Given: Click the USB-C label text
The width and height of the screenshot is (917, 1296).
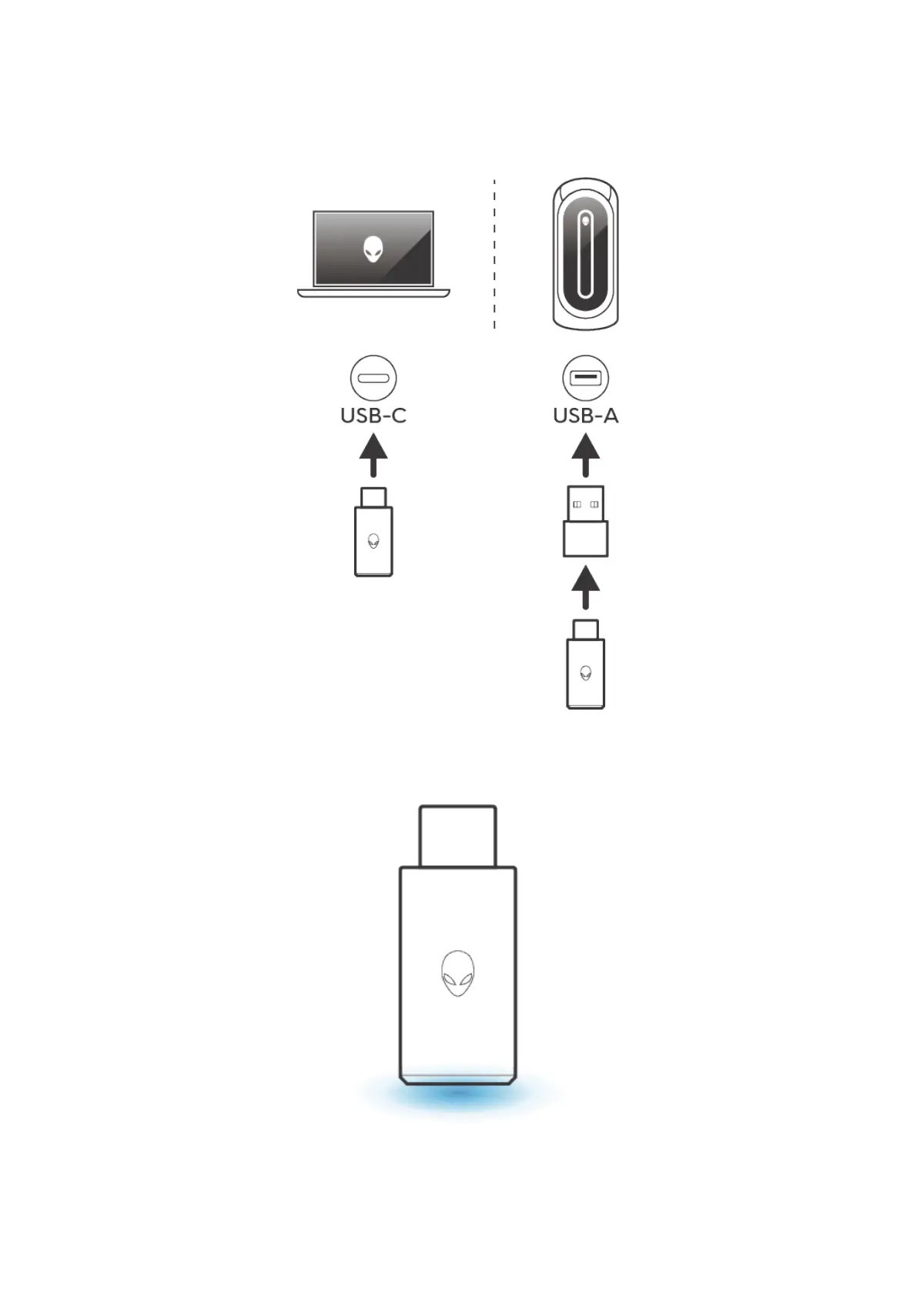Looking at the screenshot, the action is [x=373, y=416].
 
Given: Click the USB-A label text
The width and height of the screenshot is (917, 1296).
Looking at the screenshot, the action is [x=585, y=416].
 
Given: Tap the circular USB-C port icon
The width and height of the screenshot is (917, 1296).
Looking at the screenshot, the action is [x=373, y=379].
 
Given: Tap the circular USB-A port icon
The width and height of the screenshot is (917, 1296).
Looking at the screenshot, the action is [x=585, y=379].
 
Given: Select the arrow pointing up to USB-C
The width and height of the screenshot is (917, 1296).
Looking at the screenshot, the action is [x=373, y=455].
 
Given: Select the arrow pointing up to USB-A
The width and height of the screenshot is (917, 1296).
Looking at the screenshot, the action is [x=586, y=455].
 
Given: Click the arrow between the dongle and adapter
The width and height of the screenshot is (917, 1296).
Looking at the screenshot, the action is [x=586, y=588].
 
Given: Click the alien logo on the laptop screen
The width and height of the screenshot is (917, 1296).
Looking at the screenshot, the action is [x=373, y=249].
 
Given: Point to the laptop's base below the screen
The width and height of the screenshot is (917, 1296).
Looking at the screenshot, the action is [x=373, y=293].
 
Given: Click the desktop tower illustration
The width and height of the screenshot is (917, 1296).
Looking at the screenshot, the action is [x=586, y=255].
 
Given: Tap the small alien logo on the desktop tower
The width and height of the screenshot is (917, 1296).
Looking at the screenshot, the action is [x=586, y=221].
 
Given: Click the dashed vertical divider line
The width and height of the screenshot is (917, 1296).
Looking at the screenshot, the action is [x=494, y=255].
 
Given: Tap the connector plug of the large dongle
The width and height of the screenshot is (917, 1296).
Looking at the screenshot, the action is [x=457, y=836].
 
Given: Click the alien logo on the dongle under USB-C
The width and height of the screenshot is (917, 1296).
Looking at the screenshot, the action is [x=373, y=540].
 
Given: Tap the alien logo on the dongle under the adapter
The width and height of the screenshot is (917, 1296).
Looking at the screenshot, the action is [x=586, y=673].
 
